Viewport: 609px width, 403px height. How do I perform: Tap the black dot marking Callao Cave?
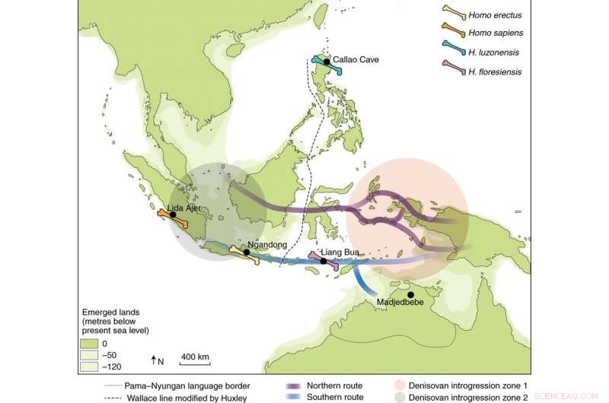pos(327,61)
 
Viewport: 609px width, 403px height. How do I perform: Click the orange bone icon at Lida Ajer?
pos(174,217)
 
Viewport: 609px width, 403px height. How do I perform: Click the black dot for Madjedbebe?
pos(410,294)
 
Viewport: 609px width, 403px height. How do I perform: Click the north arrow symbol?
pos(154,359)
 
